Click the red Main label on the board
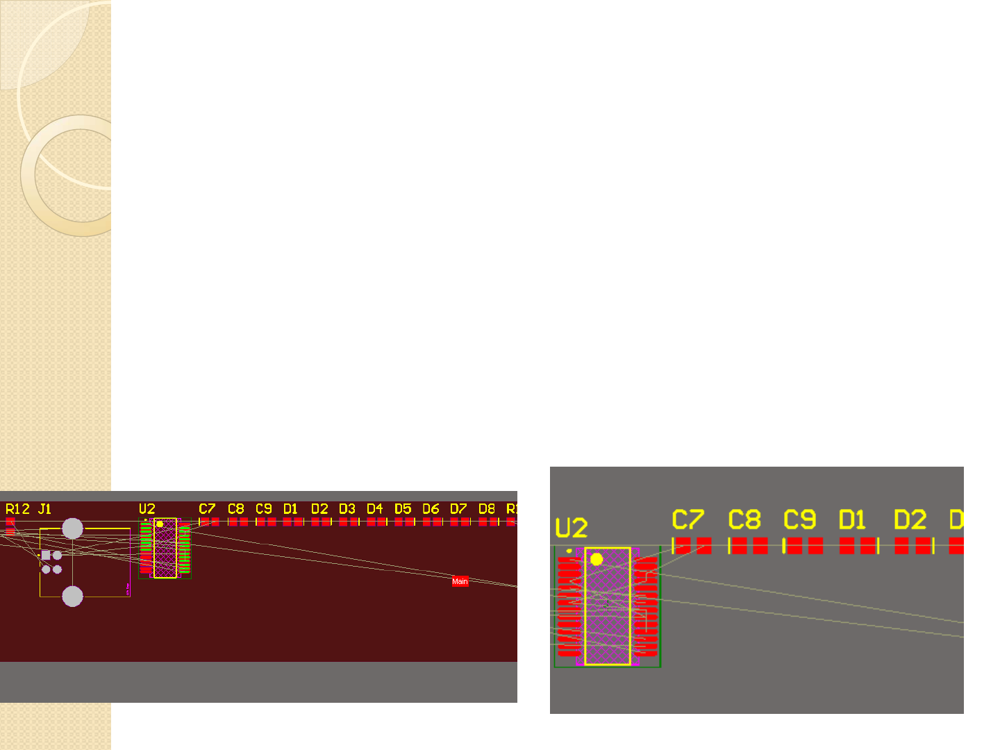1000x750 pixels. (460, 581)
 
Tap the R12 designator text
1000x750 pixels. (17, 509)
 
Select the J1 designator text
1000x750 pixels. (44, 509)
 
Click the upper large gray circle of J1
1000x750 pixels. (72, 528)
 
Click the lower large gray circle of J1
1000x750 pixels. (72, 596)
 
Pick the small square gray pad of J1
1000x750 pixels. (46, 555)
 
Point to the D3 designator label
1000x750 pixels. (347, 509)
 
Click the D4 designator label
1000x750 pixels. (375, 509)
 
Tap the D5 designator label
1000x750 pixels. (403, 509)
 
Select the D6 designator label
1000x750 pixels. (431, 509)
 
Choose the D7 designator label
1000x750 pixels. (458, 509)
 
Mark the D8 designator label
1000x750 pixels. (487, 509)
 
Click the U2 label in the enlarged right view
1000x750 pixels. (572, 528)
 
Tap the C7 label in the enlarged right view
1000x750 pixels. (687, 519)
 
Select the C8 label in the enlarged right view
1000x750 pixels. (744, 519)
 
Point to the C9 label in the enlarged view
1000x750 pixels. (799, 519)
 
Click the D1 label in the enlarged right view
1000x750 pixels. (853, 519)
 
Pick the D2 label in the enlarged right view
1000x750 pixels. (910, 519)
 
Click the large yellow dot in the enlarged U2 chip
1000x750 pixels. (597, 559)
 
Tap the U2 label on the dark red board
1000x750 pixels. (147, 509)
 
